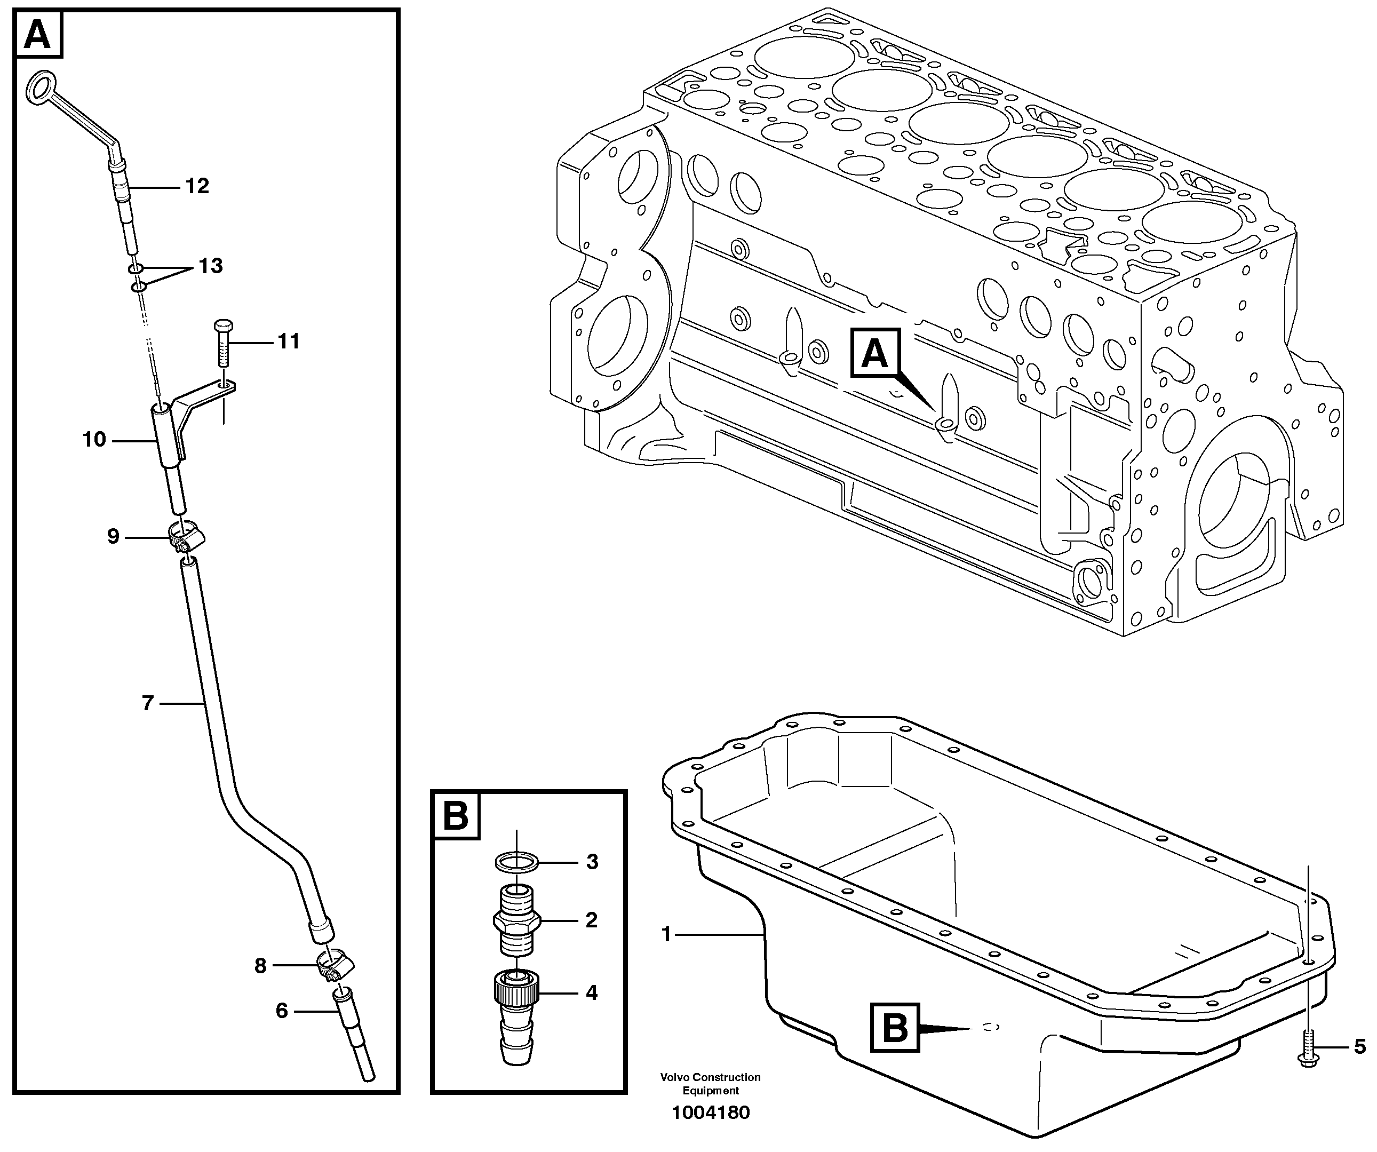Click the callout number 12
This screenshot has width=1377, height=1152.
click(197, 186)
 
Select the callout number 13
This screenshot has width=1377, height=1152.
click(211, 266)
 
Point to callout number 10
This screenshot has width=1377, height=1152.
click(94, 439)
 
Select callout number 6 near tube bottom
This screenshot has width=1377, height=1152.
click(281, 1011)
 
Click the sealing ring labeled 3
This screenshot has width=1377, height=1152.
click(516, 862)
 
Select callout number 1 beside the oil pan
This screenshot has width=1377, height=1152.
click(666, 934)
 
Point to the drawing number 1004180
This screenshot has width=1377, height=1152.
click(710, 1113)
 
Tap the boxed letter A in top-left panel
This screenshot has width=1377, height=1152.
click(37, 35)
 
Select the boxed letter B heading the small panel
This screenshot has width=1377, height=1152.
click(456, 816)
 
